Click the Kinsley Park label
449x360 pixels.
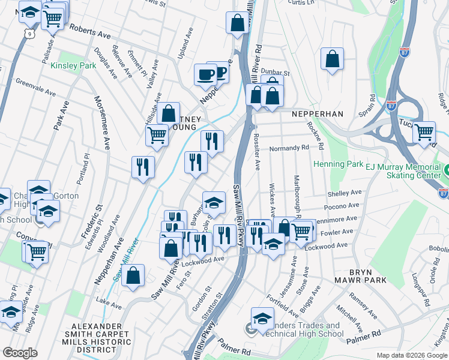pos(73,65)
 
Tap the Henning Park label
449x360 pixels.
pos(337,164)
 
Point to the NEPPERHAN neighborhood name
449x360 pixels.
pos(317,113)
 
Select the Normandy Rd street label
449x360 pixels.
pos(289,148)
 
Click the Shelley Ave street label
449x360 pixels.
pos(345,193)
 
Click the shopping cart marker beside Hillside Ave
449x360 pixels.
pos(157,134)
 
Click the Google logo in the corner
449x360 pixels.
pos(19,353)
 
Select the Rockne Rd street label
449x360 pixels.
pos(316,136)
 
